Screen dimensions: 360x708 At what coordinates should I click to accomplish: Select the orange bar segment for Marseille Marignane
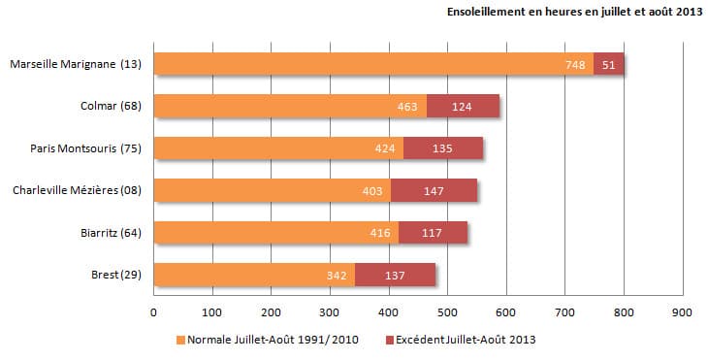[x=373, y=64]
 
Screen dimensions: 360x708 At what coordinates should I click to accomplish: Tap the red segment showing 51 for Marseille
[x=608, y=64]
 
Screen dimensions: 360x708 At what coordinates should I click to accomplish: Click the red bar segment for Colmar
[x=463, y=106]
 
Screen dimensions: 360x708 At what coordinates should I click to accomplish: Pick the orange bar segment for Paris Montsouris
[x=278, y=147]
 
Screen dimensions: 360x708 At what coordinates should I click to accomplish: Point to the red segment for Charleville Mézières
[x=434, y=189]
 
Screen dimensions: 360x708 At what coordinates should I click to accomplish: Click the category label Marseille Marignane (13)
[x=76, y=64]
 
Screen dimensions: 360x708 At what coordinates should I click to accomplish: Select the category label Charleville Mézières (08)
[x=77, y=190]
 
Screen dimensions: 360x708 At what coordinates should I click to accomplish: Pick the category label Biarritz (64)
[x=111, y=232]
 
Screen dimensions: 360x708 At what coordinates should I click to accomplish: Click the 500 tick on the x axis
[x=448, y=312]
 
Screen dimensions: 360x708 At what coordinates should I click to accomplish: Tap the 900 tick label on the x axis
[x=682, y=312]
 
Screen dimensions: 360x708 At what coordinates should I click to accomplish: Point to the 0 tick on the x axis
[x=154, y=312]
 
